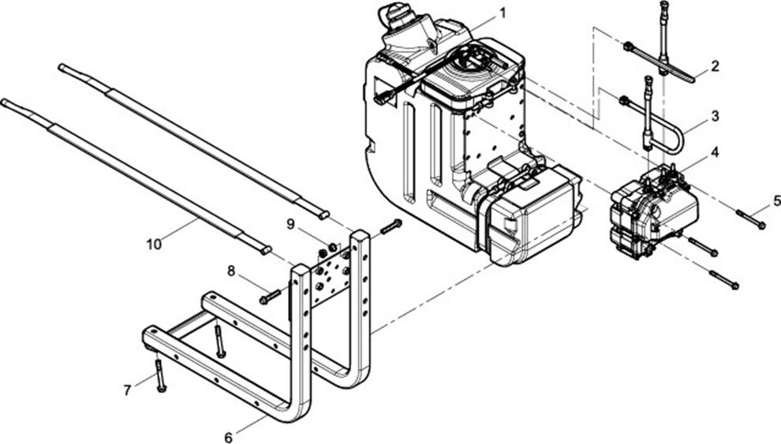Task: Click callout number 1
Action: pyautogui.click(x=503, y=13)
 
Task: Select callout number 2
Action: pyautogui.click(x=715, y=66)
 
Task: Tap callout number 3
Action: pyautogui.click(x=716, y=116)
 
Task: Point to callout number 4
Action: pyautogui.click(x=715, y=152)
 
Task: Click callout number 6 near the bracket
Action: pyautogui.click(x=228, y=438)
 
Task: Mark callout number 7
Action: pyautogui.click(x=128, y=390)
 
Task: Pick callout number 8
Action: pyautogui.click(x=230, y=271)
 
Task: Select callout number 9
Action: pyautogui.click(x=290, y=225)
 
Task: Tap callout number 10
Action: pyautogui.click(x=155, y=244)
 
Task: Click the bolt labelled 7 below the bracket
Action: pyautogui.click(x=159, y=375)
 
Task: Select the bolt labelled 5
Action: pyautogui.click(x=750, y=219)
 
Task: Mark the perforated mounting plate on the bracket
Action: pyautogui.click(x=331, y=276)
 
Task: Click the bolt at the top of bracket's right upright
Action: pyautogui.click(x=391, y=227)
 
